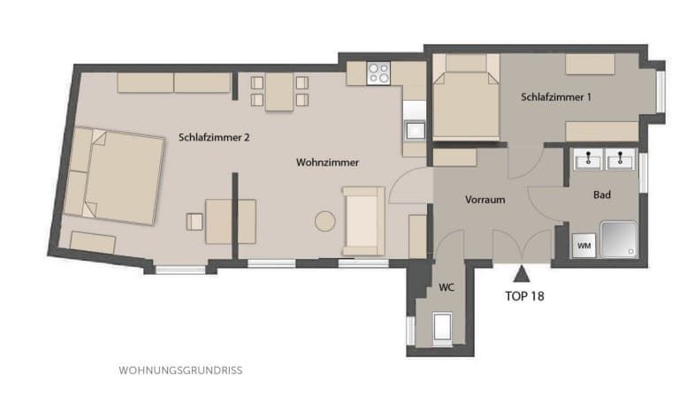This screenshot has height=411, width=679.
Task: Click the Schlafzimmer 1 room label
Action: [x=556, y=97]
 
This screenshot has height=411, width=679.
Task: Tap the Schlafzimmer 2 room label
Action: [x=214, y=138]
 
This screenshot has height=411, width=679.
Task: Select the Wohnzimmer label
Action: [x=327, y=163]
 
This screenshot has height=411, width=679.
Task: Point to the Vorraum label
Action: [x=485, y=200]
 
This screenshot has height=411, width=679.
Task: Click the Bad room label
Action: [x=602, y=194]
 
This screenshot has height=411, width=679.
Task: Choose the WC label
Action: [x=446, y=287]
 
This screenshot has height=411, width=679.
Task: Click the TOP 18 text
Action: [x=524, y=296]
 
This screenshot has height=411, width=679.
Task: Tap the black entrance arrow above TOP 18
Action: [x=522, y=274]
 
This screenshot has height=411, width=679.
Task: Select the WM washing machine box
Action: [x=584, y=246]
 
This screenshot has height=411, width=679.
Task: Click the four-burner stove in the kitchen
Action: [x=378, y=72]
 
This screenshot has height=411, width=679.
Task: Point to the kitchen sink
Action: [x=415, y=131]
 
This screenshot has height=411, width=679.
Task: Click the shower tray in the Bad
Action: [x=619, y=240]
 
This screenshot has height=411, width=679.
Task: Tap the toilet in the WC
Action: [x=443, y=328]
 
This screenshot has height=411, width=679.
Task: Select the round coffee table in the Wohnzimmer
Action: [x=324, y=221]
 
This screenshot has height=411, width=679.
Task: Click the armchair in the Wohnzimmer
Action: [x=363, y=221]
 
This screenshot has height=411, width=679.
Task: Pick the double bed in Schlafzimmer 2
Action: [x=113, y=176]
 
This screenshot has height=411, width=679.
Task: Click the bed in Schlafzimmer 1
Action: [x=466, y=96]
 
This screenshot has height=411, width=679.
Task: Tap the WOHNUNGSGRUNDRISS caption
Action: [x=180, y=370]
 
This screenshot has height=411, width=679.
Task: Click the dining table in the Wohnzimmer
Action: [x=279, y=91]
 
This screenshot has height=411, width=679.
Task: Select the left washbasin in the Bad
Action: [x=588, y=159]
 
